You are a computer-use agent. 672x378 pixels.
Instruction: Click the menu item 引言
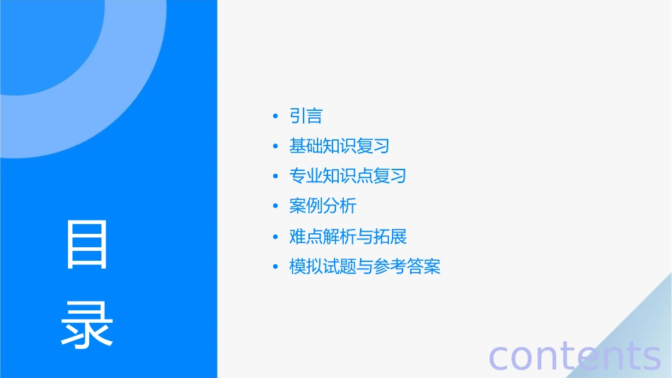coord(306,116)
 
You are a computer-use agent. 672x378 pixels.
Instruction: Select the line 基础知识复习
coord(339,146)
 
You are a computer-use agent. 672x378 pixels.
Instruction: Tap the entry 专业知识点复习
coord(347,176)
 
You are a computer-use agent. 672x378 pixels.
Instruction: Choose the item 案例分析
coord(323,206)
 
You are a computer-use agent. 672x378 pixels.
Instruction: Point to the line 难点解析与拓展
coord(347,237)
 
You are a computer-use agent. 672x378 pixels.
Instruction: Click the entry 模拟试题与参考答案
coord(364,267)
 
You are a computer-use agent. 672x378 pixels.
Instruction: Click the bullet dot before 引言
coord(275,117)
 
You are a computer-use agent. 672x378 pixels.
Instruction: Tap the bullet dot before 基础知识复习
coord(275,147)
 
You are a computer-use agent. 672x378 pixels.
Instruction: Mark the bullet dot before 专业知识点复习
coord(275,177)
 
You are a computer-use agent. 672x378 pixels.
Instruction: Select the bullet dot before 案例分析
coord(275,207)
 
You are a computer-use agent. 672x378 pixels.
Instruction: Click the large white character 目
coord(87,244)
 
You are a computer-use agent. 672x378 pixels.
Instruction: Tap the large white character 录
coord(87,324)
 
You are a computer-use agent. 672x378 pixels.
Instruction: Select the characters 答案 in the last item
coord(424,267)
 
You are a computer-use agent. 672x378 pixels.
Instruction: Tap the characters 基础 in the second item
coord(306,146)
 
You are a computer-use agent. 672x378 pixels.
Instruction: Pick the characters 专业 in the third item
coord(306,176)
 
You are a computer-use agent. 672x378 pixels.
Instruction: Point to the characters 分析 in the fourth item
coord(340,206)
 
